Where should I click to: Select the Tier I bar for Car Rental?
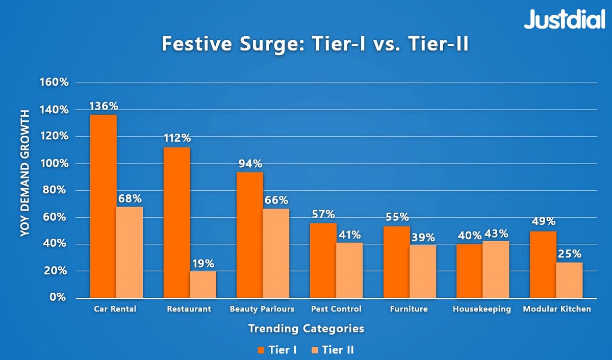tap(104, 206)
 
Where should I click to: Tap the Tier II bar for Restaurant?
tap(203, 285)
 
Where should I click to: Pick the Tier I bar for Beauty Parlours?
tap(250, 235)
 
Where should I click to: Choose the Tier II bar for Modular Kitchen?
tap(569, 280)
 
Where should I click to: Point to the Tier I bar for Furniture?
tap(397, 262)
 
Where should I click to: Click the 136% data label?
tap(104, 107)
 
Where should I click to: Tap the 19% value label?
tap(203, 264)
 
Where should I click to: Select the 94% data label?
tap(250, 164)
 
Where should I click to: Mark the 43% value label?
tap(496, 234)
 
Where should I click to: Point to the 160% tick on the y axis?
tap(54, 83)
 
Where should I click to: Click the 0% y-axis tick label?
tap(58, 297)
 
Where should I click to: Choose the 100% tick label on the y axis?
tap(54, 164)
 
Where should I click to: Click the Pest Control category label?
tap(336, 309)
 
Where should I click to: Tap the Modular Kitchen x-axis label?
tap(556, 309)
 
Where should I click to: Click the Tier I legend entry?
tap(277, 350)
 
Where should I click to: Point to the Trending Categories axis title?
tap(306, 328)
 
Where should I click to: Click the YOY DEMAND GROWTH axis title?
tap(24, 173)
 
